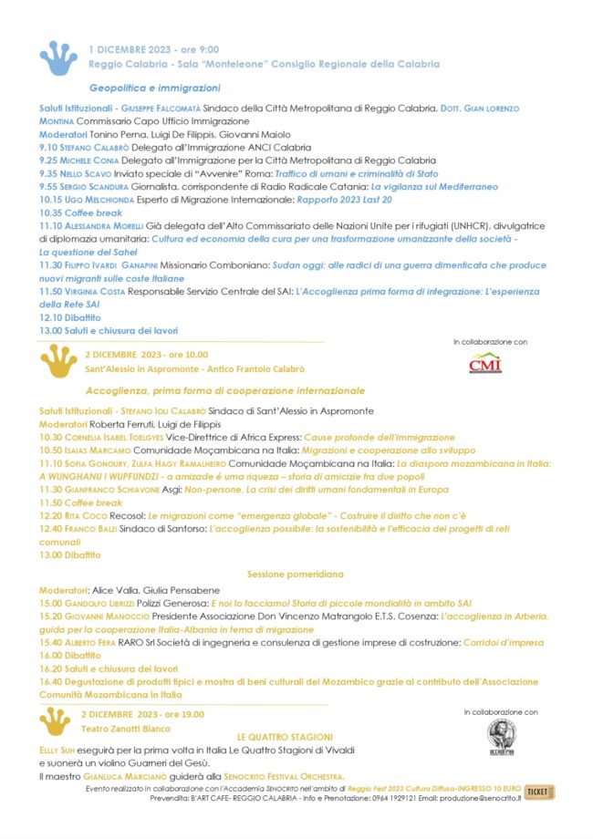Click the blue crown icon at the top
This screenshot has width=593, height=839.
click(58, 57)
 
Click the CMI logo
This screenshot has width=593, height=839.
click(484, 363)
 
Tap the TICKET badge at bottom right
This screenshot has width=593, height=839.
click(538, 792)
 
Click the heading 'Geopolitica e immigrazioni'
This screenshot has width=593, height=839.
click(154, 88)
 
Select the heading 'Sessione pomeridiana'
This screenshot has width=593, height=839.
click(295, 574)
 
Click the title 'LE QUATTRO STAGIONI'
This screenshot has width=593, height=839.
click(285, 736)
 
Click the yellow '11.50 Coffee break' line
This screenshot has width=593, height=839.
click(80, 502)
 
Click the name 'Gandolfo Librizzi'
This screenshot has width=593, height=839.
click(99, 604)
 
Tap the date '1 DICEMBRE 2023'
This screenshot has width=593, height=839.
click(129, 49)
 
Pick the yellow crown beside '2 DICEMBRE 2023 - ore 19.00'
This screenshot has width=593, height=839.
click(56, 721)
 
